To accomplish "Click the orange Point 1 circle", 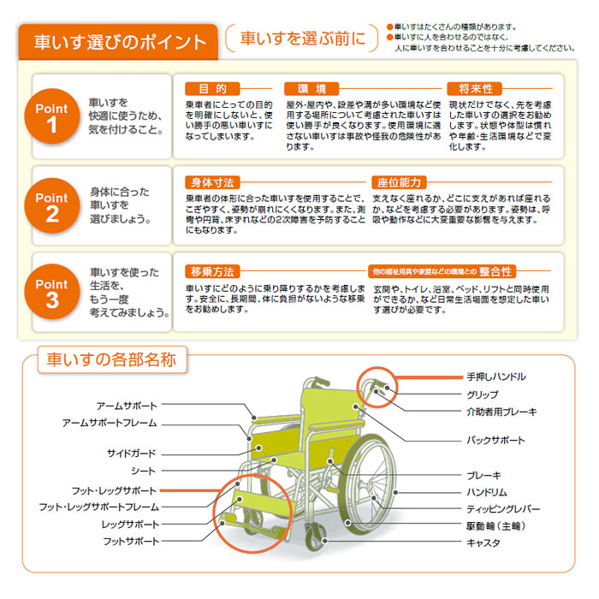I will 51,117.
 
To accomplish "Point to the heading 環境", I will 311,89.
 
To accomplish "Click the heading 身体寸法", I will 212,182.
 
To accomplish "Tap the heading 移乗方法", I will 212,271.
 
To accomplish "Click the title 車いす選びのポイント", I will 120,42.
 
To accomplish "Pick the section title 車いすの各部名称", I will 112,359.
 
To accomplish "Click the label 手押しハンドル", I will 496,377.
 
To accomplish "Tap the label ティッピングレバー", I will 501,509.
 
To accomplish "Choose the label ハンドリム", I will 486,492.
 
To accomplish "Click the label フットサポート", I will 130,542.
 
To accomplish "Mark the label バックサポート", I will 495,440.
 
